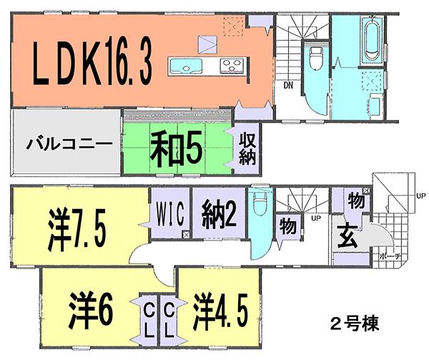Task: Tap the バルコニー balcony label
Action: (x=69, y=143)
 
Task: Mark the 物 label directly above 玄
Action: (x=353, y=199)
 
